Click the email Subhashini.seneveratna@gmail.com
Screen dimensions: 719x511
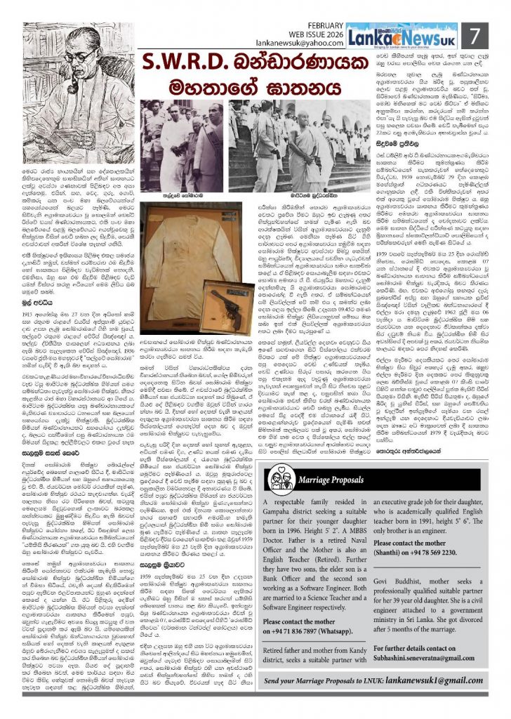point(431,668)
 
